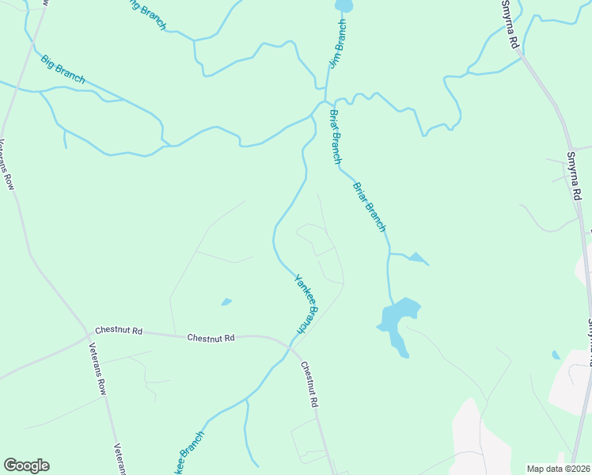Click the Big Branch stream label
(x=63, y=70)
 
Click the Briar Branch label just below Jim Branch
(x=336, y=136)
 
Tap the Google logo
(x=26, y=465)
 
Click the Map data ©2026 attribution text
(x=559, y=469)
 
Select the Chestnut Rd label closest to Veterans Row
(x=119, y=330)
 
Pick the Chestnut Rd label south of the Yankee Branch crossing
(x=309, y=385)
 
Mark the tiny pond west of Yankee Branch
(x=226, y=302)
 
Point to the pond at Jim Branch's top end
(x=343, y=6)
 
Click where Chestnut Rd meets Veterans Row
(x=88, y=336)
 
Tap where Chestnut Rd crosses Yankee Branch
(x=290, y=345)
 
